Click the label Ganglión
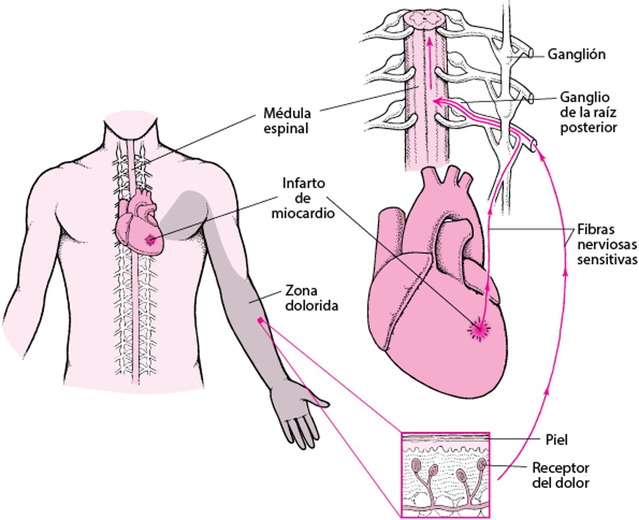point(576,54)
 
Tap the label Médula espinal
point(287,121)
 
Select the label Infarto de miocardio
point(303,198)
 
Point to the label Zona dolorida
point(312,298)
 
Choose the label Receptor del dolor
point(561,475)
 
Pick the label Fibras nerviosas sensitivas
point(607,244)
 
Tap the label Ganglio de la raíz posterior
point(588,112)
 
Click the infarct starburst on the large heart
point(479,330)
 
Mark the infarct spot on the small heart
point(150,239)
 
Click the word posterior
point(588,128)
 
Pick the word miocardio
point(303,213)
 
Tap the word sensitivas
point(608,259)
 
